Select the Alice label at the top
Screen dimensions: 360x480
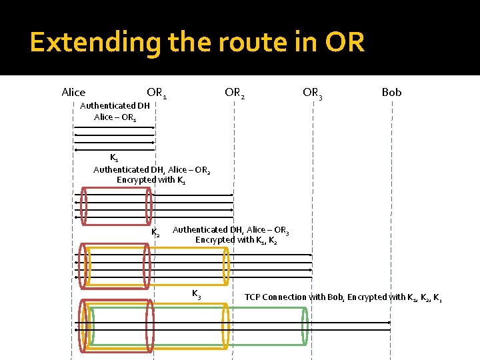(73, 92)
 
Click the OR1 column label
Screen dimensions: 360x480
(157, 93)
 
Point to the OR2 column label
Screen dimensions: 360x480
(235, 93)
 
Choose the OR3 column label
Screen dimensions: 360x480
(313, 93)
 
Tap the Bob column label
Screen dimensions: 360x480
(391, 92)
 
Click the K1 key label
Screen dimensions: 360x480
(115, 158)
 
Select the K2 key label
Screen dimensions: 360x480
(155, 233)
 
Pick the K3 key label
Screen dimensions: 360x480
(197, 293)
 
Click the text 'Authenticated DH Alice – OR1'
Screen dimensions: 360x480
(115, 111)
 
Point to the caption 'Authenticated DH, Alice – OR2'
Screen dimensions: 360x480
(151, 169)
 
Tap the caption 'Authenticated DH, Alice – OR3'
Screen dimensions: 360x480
(231, 229)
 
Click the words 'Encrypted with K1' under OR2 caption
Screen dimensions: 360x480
(151, 180)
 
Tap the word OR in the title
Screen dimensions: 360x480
(345, 43)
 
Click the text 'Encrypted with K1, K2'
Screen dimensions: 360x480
(236, 240)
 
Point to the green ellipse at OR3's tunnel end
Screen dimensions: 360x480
(305, 326)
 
